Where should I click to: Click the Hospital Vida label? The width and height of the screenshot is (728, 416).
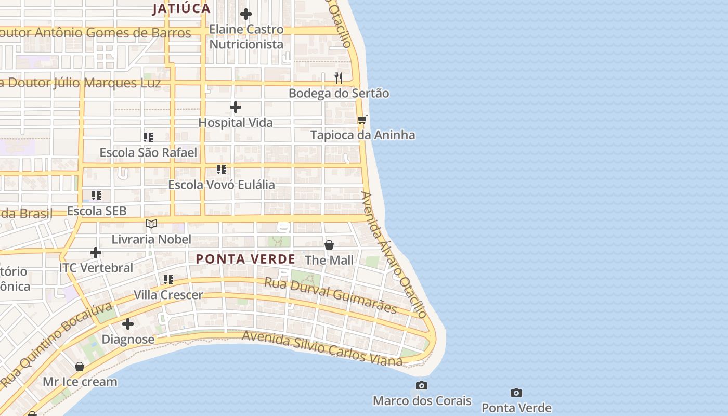[x=236, y=123]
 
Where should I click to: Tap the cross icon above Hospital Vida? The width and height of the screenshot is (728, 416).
[x=236, y=107]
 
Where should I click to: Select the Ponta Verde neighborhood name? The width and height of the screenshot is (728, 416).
[x=245, y=259]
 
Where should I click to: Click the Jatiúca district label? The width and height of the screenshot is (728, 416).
[x=181, y=8]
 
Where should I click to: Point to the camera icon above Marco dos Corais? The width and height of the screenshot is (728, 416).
[x=422, y=385]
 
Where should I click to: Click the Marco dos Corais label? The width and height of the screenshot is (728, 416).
[x=422, y=401]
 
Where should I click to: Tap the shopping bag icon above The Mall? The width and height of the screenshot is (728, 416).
[x=329, y=244]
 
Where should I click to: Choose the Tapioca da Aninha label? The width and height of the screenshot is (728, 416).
[x=362, y=135]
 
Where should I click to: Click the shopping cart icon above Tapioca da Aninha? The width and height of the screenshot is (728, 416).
[x=362, y=120]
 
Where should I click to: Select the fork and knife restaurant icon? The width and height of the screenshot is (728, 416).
[x=339, y=78]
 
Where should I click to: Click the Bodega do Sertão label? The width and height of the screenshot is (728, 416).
[x=339, y=94]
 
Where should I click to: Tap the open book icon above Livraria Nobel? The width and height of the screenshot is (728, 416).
[x=151, y=224]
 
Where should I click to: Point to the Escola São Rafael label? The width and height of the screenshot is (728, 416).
[x=148, y=153]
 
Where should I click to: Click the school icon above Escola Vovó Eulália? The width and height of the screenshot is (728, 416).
[x=222, y=170]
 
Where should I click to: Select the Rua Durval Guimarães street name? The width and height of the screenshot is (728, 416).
[x=331, y=296]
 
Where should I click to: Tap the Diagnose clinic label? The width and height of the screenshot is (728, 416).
[x=128, y=340]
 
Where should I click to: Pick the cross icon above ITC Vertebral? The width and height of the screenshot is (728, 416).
[x=96, y=253]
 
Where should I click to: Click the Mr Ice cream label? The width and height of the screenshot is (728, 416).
[x=80, y=382]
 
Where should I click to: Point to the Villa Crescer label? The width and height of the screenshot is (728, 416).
[x=168, y=295]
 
